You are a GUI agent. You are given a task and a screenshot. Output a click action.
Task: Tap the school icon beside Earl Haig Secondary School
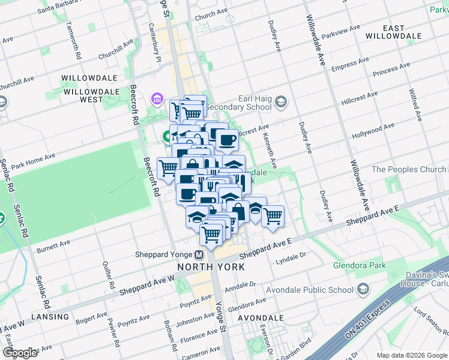pyautogui.click(x=281, y=103)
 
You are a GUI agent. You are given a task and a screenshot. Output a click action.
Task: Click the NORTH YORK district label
pyautogui.click(x=210, y=266)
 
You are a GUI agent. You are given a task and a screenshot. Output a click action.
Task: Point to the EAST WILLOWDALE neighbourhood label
pyautogui.click(x=394, y=32)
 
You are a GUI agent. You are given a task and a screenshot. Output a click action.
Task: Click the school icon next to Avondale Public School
pyautogui.click(x=363, y=290)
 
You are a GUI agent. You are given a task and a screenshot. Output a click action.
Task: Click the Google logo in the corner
pyautogui.click(x=20, y=352)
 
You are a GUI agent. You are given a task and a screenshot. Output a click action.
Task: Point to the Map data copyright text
pyautogui.click(x=411, y=355)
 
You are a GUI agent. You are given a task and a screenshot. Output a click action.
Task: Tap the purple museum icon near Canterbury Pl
pyautogui.click(x=157, y=98)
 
